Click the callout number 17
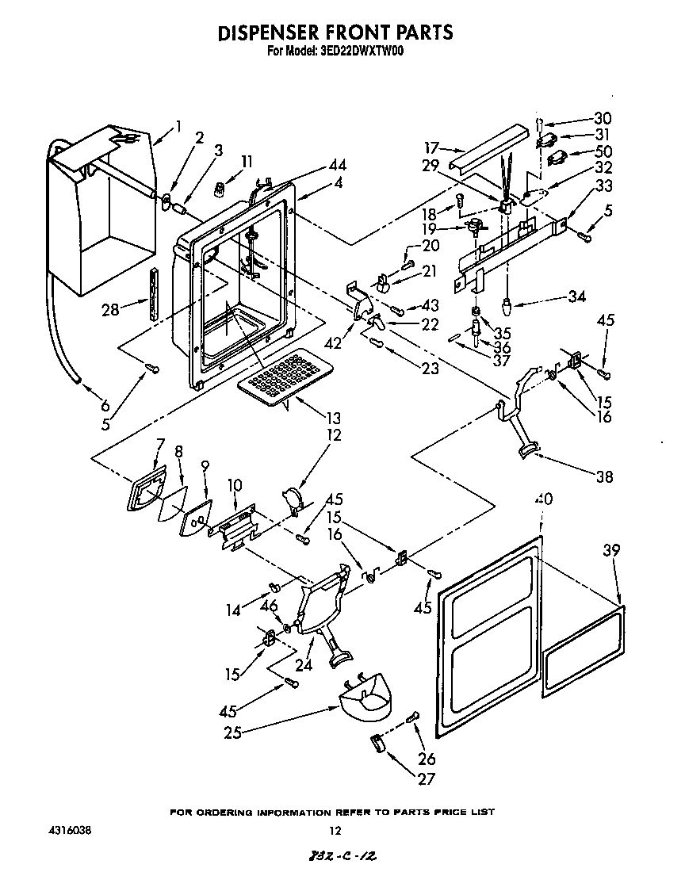tap(431, 147)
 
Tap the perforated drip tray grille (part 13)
tap(278, 375)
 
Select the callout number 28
tap(109, 310)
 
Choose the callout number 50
tap(603, 151)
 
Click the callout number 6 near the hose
tap(105, 403)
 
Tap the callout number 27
tap(426, 779)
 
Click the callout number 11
tap(247, 161)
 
